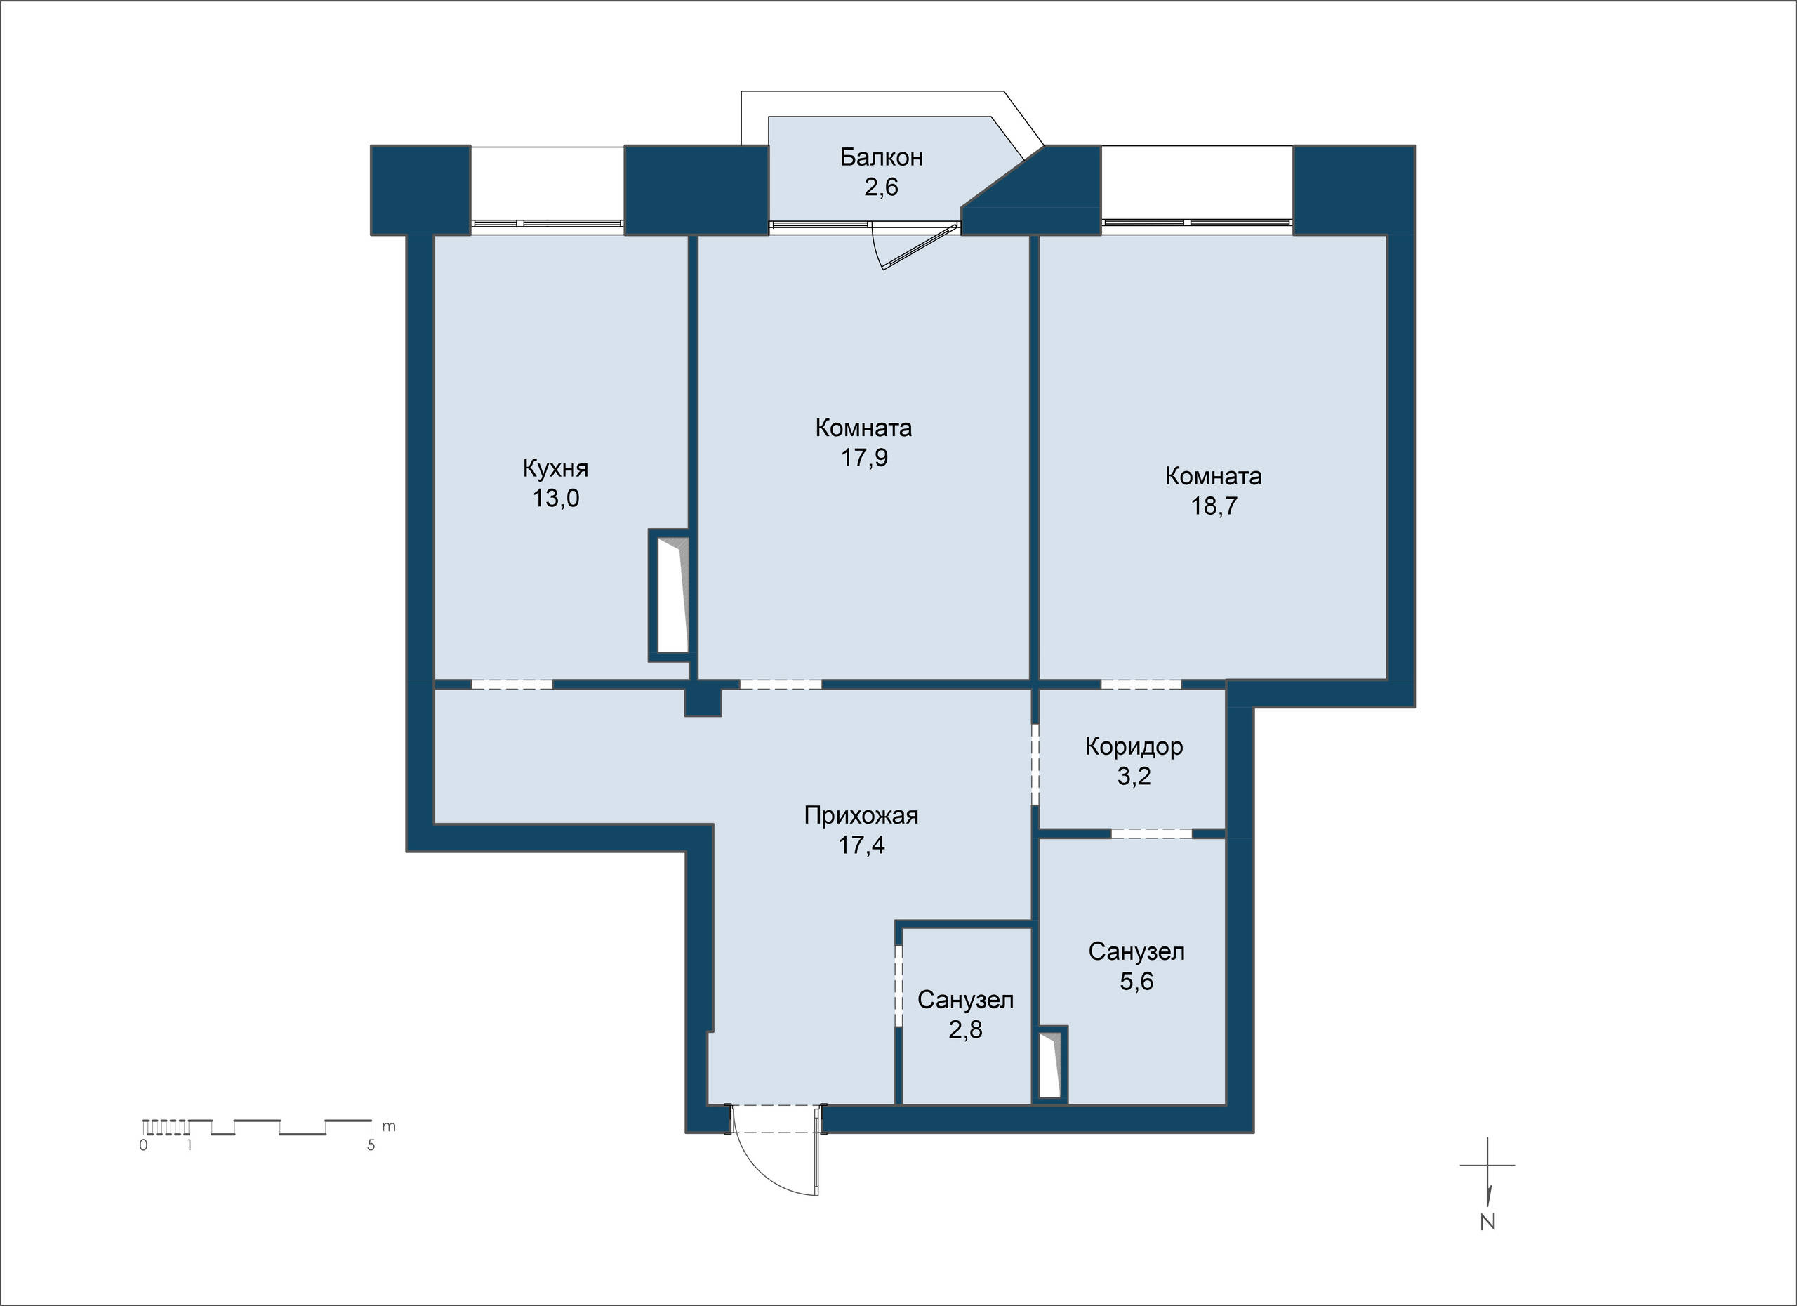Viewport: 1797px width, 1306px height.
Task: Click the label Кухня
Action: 555,468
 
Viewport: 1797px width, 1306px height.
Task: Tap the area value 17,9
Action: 863,458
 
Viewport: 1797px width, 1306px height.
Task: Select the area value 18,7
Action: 1214,506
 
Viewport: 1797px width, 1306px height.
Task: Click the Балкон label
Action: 881,158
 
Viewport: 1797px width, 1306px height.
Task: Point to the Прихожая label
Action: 861,815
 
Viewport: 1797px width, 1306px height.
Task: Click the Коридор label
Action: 1134,746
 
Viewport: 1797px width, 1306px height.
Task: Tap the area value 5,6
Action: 1136,982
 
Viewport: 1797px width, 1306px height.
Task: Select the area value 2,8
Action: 965,1029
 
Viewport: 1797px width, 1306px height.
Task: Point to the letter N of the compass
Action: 1487,1222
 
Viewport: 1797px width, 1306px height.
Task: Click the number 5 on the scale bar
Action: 371,1145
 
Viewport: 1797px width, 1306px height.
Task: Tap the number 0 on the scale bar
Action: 143,1145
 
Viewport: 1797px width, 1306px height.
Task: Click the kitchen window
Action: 548,224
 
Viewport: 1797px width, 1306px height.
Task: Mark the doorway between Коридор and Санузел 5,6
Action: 1151,833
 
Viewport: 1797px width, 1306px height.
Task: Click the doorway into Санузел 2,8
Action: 898,986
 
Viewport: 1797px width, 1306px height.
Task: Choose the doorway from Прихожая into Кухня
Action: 512,685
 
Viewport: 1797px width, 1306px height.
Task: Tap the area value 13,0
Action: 555,499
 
